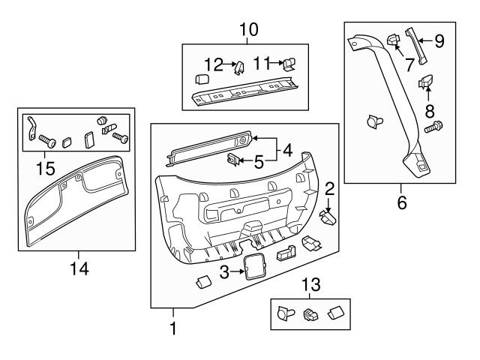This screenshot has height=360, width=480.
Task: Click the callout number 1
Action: tap(173, 328)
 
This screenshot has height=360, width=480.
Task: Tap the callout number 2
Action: tap(329, 188)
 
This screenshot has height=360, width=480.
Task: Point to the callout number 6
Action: tap(402, 202)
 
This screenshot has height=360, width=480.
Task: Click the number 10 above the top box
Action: tap(248, 30)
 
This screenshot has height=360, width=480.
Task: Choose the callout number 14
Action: tap(79, 268)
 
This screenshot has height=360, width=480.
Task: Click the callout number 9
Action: tap(439, 41)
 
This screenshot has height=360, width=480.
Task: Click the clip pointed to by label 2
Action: tap(329, 218)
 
